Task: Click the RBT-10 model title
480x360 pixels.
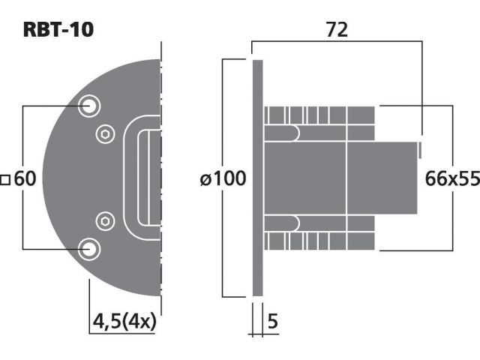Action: [58, 30]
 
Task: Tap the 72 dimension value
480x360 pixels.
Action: [337, 30]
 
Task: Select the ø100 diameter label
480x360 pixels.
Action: [223, 178]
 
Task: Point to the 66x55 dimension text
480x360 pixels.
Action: [452, 178]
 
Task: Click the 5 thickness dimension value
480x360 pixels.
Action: [272, 321]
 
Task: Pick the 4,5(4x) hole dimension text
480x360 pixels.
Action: [124, 322]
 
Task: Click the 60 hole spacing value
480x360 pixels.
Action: [25, 178]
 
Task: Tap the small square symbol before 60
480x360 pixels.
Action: [5, 180]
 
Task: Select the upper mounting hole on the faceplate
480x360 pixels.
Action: [89, 106]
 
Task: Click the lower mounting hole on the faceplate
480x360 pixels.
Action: [89, 249]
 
